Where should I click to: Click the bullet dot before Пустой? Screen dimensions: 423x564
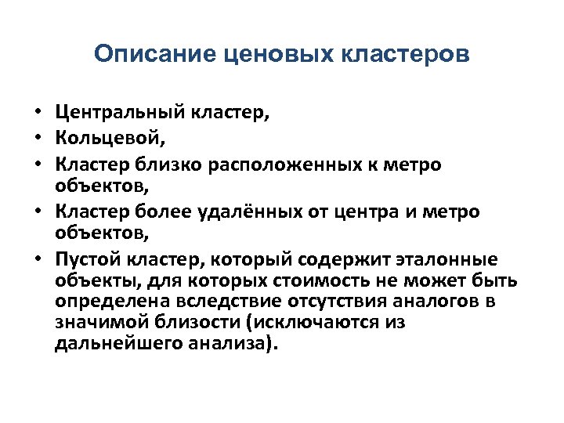coord(38,260)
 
